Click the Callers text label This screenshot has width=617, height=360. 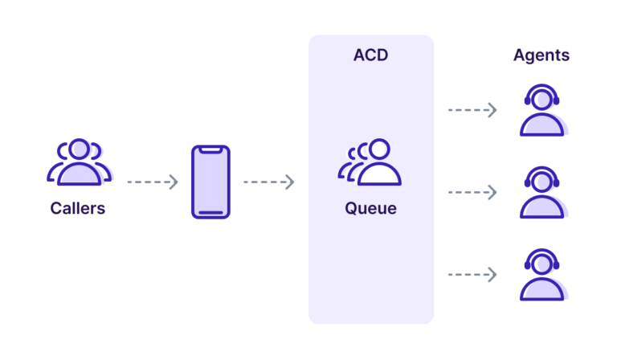pyautogui.click(x=78, y=209)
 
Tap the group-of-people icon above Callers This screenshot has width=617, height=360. pyautogui.click(x=78, y=162)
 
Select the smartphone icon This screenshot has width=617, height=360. pyautogui.click(x=210, y=182)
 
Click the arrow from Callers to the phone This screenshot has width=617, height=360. pyautogui.click(x=152, y=182)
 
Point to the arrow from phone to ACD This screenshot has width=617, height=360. pyautogui.click(x=268, y=182)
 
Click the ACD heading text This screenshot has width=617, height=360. pyautogui.click(x=370, y=55)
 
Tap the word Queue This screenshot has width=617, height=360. pyautogui.click(x=370, y=209)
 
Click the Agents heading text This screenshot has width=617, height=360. pyautogui.click(x=541, y=55)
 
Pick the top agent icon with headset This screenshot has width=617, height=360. pyautogui.click(x=542, y=112)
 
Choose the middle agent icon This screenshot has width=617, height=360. pyautogui.click(x=542, y=193)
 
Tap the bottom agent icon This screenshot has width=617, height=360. pyautogui.click(x=542, y=275)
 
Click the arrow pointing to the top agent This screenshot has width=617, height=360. pyautogui.click(x=472, y=110)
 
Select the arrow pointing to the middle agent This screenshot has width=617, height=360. pyautogui.click(x=472, y=192)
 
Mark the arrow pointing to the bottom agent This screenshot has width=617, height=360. pyautogui.click(x=472, y=275)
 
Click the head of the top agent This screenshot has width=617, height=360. pyautogui.click(x=542, y=98)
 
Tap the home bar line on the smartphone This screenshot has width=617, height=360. pyautogui.click(x=210, y=212)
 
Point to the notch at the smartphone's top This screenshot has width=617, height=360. pyautogui.click(x=210, y=150)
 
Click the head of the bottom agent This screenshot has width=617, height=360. pyautogui.click(x=542, y=261)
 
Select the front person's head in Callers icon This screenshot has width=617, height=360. pyautogui.click(x=79, y=149)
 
